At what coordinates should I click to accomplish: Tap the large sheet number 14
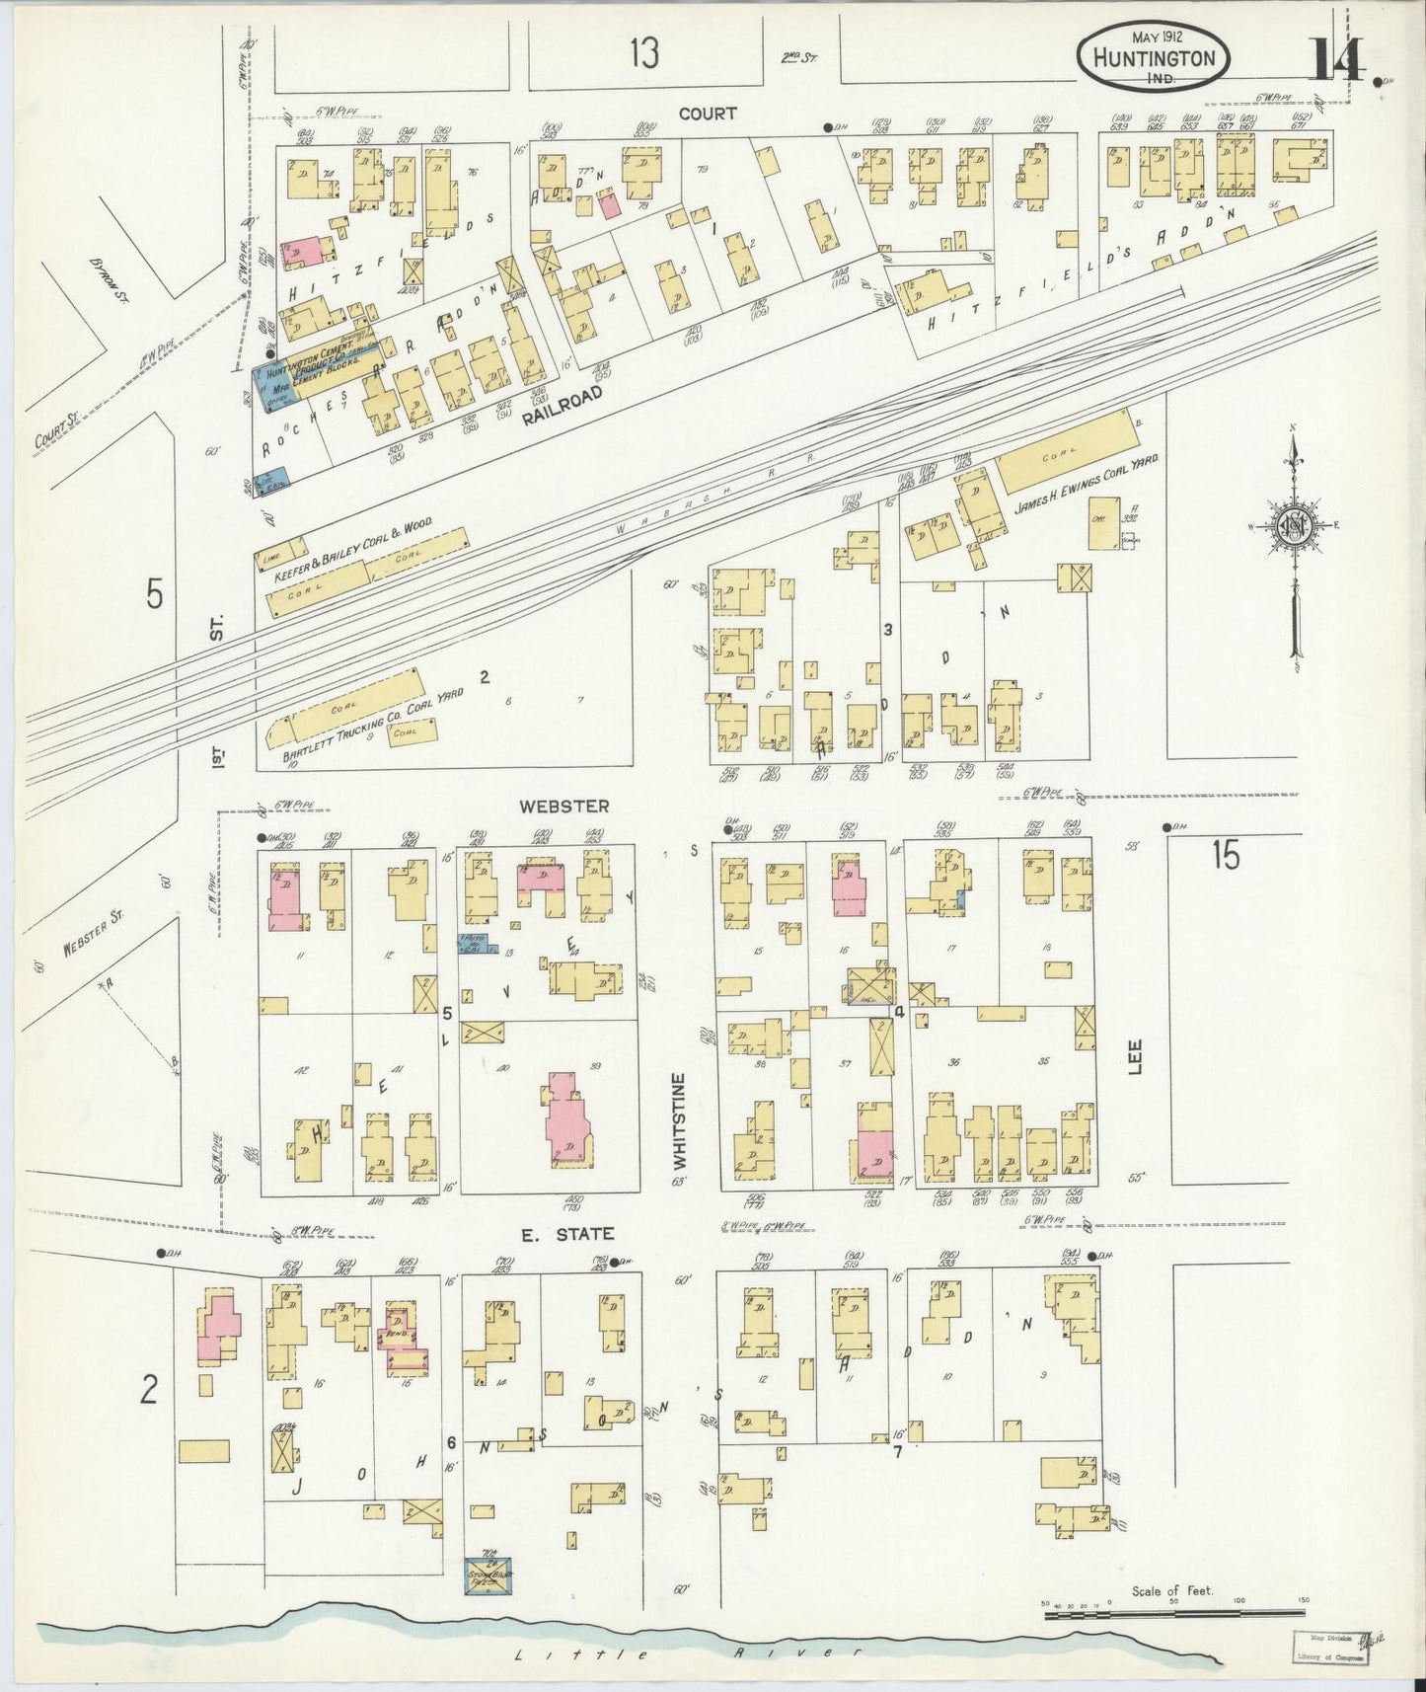(1336, 60)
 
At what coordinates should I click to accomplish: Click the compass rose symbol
(1293, 525)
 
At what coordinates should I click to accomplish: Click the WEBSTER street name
(563, 806)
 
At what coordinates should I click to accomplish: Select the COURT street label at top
(707, 114)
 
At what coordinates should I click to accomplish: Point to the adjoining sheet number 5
(154, 595)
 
